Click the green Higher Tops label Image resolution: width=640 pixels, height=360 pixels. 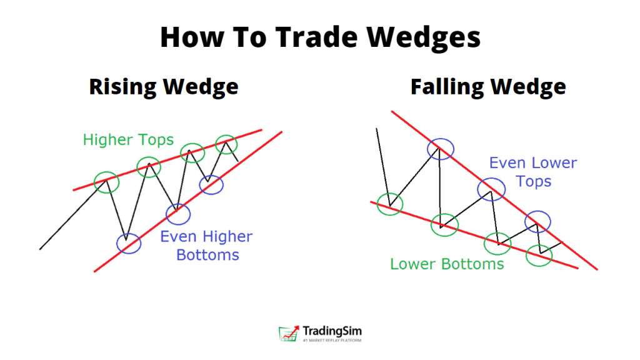pyautogui.click(x=128, y=139)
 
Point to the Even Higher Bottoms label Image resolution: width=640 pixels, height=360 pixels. pyautogui.click(x=206, y=245)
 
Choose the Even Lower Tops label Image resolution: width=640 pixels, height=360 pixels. pyautogui.click(x=533, y=172)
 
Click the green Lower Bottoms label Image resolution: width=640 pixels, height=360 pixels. pyautogui.click(x=447, y=264)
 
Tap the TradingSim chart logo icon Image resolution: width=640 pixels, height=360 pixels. pyautogui.click(x=289, y=333)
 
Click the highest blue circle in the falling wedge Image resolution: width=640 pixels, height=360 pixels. pyautogui.click(x=427, y=149)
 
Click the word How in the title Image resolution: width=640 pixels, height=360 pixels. pyautogui.click(x=192, y=37)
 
